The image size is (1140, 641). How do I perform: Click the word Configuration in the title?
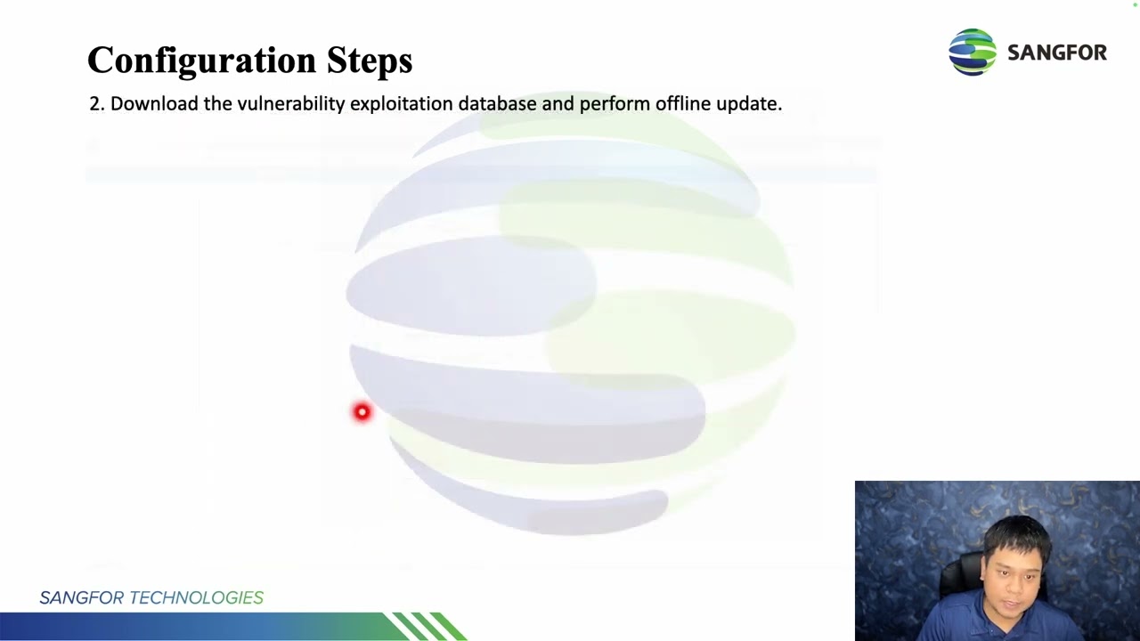(x=201, y=61)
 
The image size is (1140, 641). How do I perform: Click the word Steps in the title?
(x=369, y=61)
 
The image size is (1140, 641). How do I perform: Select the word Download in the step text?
(x=154, y=104)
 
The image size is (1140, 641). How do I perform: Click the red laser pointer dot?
(x=362, y=411)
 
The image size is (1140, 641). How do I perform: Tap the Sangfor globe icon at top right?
(x=972, y=52)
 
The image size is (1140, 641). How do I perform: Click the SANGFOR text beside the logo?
(x=1056, y=53)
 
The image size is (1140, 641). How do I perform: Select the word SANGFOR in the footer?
(x=81, y=597)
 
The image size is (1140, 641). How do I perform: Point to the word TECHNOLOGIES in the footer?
(x=196, y=597)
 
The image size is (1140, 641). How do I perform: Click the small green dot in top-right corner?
(x=1135, y=4)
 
